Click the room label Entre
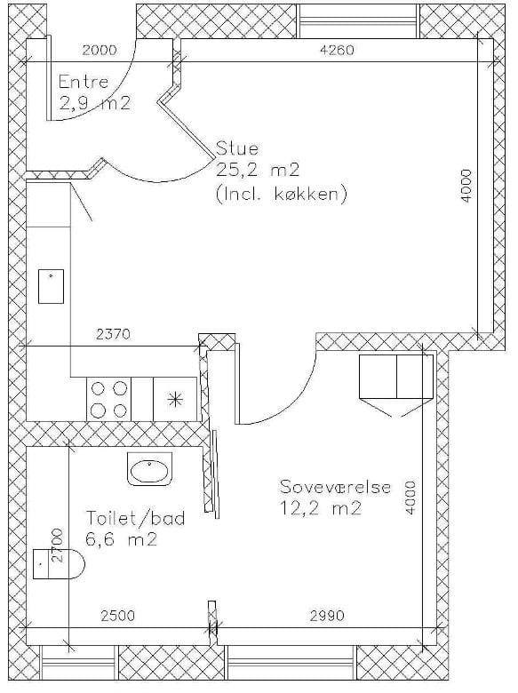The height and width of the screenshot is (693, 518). point(84,83)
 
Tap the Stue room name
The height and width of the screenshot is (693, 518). point(237,148)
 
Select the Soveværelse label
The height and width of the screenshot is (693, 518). point(336,487)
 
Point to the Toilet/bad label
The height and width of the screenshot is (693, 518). point(135,518)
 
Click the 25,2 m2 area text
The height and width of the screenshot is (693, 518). point(258,171)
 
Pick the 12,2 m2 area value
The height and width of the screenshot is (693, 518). point(321,508)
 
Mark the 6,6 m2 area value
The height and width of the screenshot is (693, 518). point(121,539)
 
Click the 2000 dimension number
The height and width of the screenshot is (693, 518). point(100,50)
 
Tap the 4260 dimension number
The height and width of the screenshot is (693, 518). point(337,50)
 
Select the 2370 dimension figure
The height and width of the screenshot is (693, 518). point(114,334)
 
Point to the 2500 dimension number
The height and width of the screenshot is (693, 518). point(117,615)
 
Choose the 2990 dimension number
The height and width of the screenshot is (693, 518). point(327,615)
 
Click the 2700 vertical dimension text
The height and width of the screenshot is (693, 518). point(58,545)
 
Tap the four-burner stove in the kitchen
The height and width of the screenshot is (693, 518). point(108,400)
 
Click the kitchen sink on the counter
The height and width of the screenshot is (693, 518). point(52,286)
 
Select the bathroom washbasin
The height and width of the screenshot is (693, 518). point(149,469)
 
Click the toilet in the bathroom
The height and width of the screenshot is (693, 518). point(59,563)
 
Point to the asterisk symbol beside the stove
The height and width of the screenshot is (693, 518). point(175,400)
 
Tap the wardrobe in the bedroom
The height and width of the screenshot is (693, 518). point(396,377)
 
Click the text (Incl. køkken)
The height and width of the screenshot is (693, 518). point(281,194)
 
